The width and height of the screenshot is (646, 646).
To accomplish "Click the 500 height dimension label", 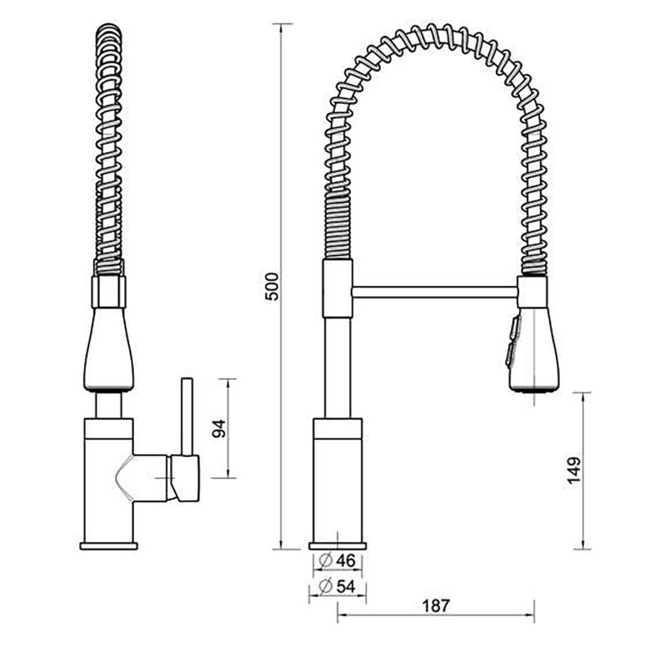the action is point(271,286).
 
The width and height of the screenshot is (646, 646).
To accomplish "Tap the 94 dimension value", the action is point(219,428).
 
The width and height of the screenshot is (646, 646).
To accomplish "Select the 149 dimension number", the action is point(574,470).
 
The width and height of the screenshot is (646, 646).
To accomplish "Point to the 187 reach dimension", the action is point(436,606).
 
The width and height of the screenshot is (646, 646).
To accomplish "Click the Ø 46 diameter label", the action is point(337,561).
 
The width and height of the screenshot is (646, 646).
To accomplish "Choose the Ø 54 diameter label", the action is point(337,587).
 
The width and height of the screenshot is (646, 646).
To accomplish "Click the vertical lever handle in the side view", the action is point(187,417).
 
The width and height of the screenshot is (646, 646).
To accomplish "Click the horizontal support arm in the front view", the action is point(435,292).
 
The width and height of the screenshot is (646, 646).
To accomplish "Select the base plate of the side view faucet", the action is point(109,547).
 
